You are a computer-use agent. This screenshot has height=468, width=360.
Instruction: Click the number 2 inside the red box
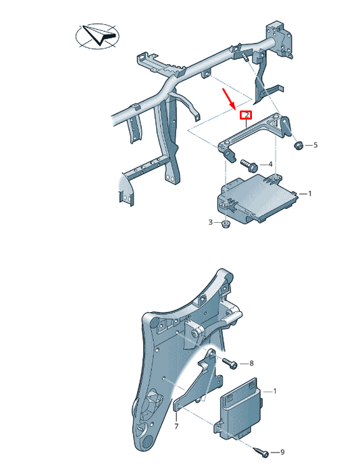[x=247, y=115]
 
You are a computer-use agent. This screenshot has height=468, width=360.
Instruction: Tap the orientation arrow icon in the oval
[x=95, y=35]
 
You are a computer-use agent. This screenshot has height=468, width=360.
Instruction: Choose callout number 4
[x=270, y=164]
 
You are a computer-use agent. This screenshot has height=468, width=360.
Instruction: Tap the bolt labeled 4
[x=246, y=163]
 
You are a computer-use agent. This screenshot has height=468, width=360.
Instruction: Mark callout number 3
[x=210, y=222]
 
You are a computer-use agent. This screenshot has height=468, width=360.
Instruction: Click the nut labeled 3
[x=226, y=223]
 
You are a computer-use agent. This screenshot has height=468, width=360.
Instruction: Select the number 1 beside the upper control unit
[x=309, y=193]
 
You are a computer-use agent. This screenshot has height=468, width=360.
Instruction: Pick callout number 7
[x=176, y=427]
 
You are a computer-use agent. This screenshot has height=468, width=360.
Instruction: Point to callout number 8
[x=253, y=363]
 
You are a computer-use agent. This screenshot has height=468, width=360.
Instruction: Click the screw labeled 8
[x=230, y=363]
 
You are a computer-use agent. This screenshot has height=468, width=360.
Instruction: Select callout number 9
[x=283, y=452]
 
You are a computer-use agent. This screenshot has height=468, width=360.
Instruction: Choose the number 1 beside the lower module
[x=274, y=391]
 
